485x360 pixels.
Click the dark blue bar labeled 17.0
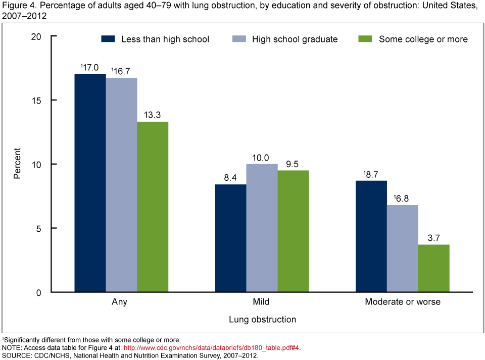(90, 183)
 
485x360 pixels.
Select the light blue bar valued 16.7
(121, 185)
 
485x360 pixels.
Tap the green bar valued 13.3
(153, 207)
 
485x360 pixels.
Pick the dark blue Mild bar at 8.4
(231, 238)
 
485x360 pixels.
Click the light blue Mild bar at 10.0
(262, 228)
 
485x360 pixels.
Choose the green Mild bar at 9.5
(293, 231)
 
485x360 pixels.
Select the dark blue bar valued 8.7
(371, 236)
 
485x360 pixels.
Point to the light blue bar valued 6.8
(403, 248)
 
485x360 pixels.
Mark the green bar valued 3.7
(434, 268)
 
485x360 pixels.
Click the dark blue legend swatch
(109, 39)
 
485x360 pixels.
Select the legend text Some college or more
(423, 39)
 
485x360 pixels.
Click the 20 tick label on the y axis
(37, 36)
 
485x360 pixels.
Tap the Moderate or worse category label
(403, 302)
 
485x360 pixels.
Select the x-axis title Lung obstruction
(262, 320)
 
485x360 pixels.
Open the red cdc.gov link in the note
(212, 347)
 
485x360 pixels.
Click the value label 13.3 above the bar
(153, 114)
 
